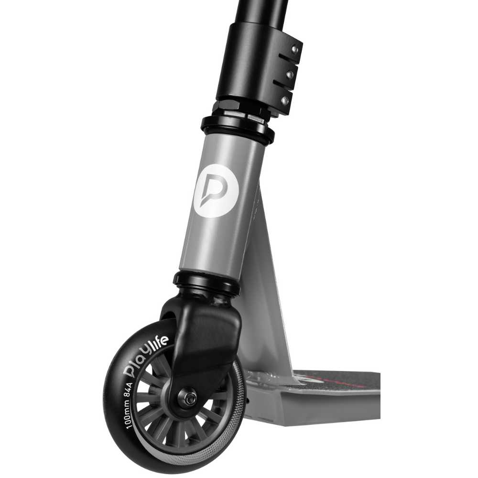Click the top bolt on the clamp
294,49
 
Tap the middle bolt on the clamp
289,75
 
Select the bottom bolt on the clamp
284,100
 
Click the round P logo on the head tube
216,191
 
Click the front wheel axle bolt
190,398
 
